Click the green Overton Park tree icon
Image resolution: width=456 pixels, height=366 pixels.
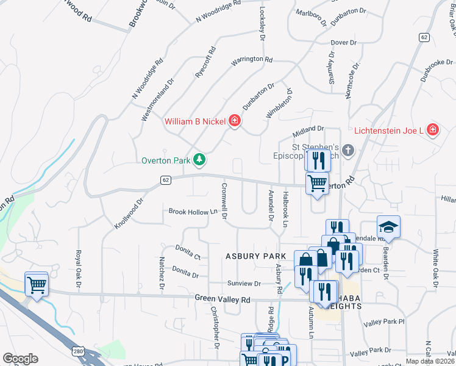[199, 160]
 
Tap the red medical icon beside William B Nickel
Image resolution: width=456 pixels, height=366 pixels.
[234, 121]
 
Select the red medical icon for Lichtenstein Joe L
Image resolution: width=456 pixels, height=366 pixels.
[432, 130]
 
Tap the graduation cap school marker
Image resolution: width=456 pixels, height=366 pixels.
[388, 228]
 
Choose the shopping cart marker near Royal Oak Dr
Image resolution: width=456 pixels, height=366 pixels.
[37, 284]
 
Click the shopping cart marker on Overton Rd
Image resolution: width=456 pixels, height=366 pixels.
[317, 182]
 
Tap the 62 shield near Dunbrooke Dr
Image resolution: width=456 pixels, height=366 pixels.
[424, 37]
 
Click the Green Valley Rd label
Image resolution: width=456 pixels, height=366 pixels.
[223, 300]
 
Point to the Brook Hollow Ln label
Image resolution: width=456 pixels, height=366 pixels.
[193, 212]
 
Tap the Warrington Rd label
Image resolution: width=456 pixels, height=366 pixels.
[252, 60]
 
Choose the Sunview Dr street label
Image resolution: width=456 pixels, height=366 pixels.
[244, 284]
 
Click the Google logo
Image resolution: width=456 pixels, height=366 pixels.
[20, 358]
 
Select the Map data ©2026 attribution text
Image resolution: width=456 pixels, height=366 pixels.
[430, 361]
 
